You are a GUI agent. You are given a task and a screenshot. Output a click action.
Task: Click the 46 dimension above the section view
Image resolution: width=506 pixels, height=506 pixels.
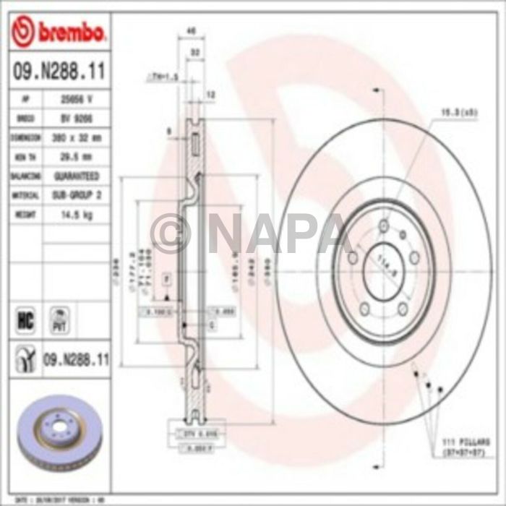click(x=192, y=31)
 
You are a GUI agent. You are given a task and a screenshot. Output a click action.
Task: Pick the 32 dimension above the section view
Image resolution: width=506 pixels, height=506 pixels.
click(x=194, y=53)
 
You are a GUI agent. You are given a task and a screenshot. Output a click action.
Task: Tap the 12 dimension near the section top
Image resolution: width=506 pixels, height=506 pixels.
click(x=211, y=94)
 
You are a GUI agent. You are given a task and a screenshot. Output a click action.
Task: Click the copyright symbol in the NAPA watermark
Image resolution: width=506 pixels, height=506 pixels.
click(x=170, y=233)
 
